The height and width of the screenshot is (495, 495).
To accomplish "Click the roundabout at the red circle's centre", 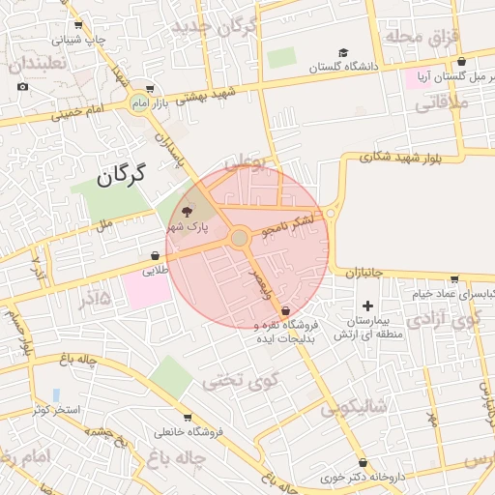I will pyautogui.click(x=239, y=238).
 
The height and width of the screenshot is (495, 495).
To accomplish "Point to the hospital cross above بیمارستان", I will pyautogui.click(x=367, y=305).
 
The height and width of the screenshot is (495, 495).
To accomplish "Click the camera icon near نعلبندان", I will pyautogui.click(x=23, y=87).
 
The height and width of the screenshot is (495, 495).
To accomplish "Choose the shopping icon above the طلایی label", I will pyautogui.click(x=155, y=256).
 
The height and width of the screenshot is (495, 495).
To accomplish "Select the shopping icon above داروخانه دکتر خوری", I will pyautogui.click(x=363, y=463).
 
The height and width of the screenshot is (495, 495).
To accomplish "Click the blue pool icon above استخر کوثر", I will pyautogui.click(x=56, y=394).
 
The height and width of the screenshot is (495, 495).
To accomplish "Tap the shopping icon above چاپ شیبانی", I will pyautogui.click(x=77, y=26).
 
